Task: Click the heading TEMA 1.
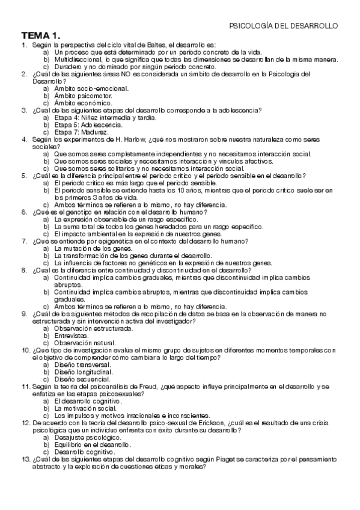pyautogui.click(x=41, y=35)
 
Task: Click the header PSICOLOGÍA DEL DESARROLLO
pyautogui.click(x=284, y=26)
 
